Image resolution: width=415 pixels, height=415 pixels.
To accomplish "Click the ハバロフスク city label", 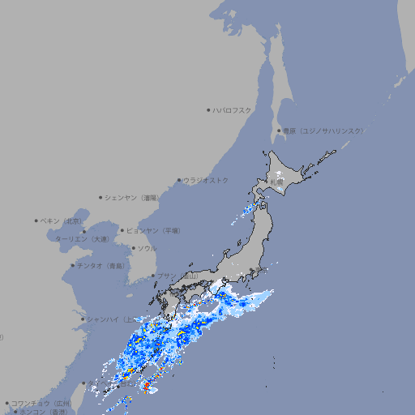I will (233, 109).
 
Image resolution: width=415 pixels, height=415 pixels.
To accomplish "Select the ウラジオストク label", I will (206, 180).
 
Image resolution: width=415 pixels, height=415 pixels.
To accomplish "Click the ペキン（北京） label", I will (62, 220).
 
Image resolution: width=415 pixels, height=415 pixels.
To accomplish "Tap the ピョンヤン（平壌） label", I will (154, 231).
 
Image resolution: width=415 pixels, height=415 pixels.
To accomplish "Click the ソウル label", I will (147, 248).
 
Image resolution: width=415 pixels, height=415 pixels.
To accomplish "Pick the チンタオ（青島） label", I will (101, 266).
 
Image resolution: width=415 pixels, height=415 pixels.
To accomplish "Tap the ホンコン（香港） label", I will (41, 412).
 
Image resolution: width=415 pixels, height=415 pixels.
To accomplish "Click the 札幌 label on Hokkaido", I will (278, 183).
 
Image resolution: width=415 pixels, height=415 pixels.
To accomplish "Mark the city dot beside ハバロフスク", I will (208, 109).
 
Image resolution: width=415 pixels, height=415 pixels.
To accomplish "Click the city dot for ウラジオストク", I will (179, 180).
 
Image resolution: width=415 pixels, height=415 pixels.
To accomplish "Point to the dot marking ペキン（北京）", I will (36, 220).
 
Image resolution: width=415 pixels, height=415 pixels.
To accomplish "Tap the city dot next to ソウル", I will (132, 248).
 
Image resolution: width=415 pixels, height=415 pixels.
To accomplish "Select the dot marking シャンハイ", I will (83, 319).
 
